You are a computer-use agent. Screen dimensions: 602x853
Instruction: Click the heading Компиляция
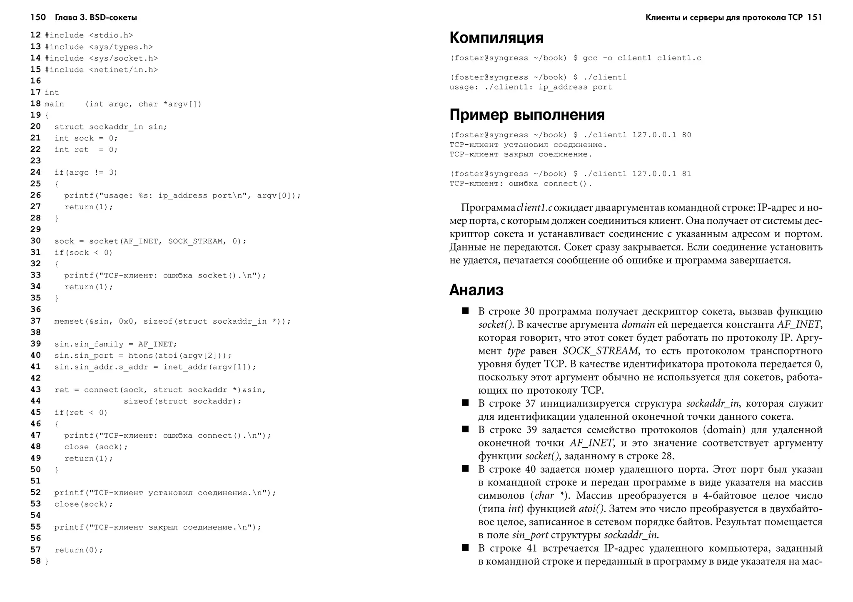pos(496,38)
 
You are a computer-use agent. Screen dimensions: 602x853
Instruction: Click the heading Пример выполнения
pos(527,115)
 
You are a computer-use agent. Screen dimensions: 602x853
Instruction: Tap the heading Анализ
pos(476,290)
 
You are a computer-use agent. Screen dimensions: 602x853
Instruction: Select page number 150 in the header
pos(38,17)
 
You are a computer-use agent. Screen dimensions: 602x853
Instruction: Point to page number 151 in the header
pos(814,17)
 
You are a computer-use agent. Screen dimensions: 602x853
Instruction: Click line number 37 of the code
pos(35,321)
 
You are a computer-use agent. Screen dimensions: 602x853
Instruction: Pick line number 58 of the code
pos(35,561)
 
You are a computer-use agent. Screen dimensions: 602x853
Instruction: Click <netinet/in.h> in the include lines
pos(123,70)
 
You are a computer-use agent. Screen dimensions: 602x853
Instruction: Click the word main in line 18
pos(54,104)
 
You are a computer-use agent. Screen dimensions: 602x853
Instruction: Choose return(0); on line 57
pos(79,550)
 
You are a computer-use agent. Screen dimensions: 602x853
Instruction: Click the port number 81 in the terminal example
pos(686,174)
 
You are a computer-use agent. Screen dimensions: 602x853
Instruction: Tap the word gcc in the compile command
pos(590,58)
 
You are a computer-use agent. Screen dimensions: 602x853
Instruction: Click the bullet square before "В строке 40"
pos(465,468)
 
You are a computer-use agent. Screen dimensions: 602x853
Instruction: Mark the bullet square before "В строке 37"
pos(465,402)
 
